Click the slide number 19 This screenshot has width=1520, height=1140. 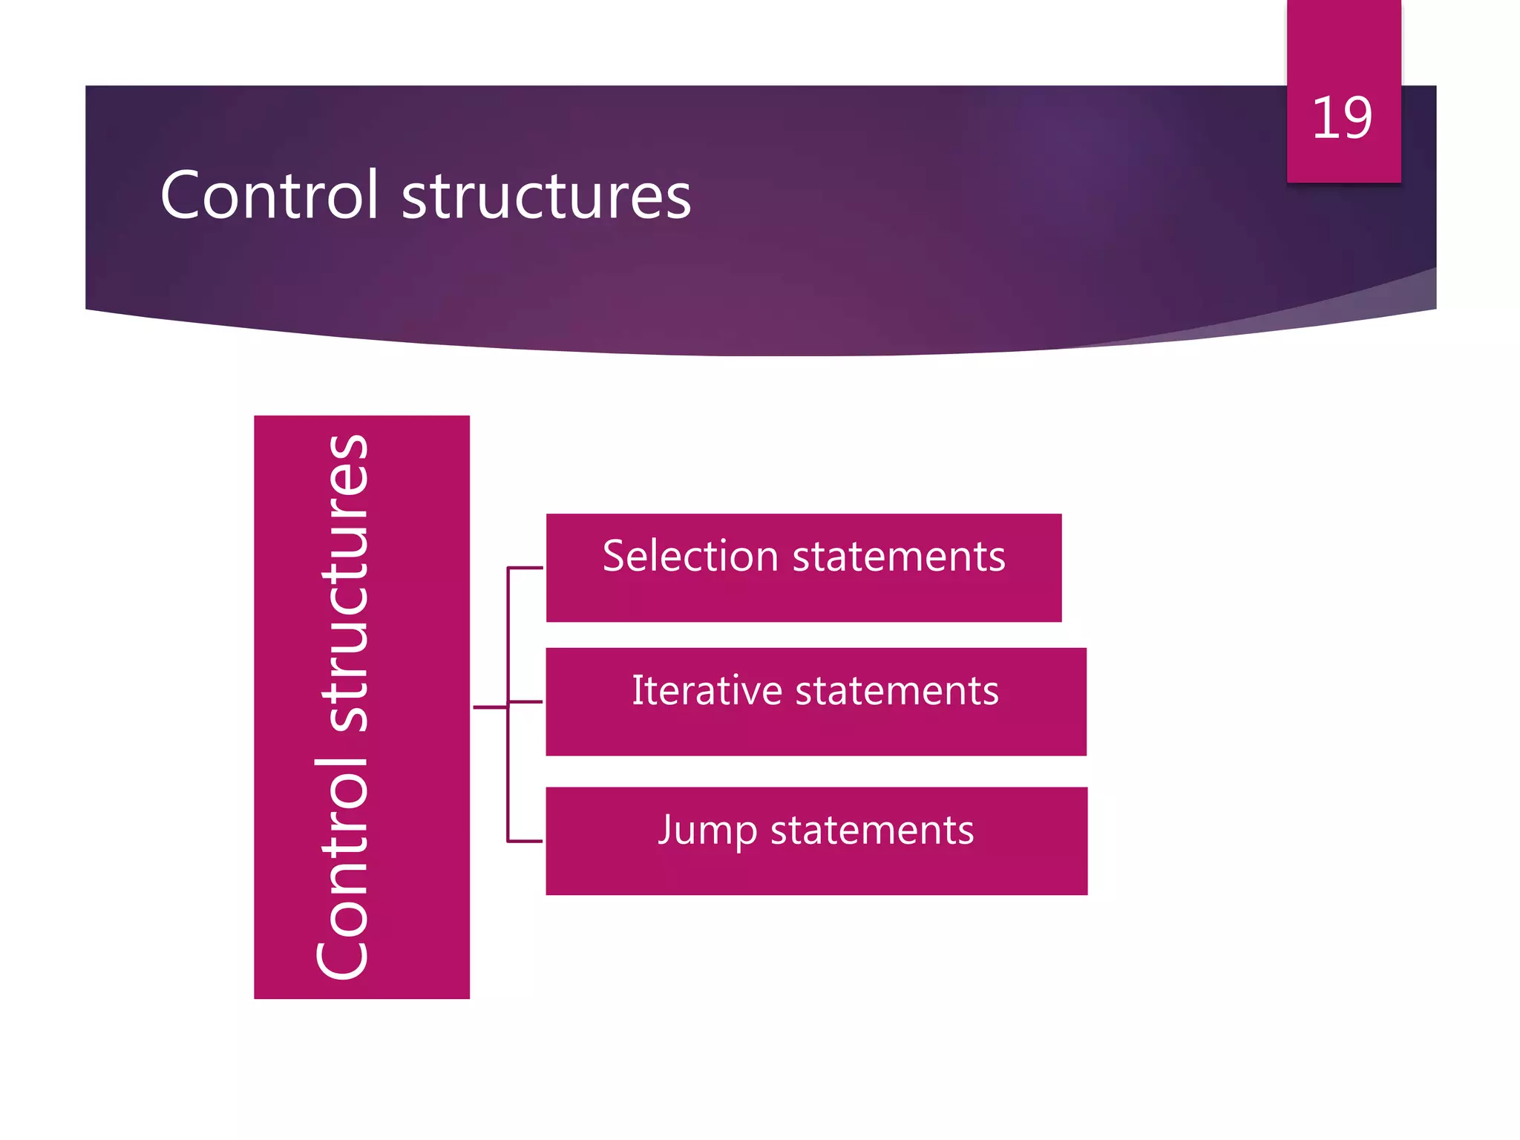1342,118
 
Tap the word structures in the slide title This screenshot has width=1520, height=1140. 546,197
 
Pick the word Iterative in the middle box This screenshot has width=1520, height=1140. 707,690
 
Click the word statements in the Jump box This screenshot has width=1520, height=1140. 872,831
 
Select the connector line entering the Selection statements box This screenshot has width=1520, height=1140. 525,568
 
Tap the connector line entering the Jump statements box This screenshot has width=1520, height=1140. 525,842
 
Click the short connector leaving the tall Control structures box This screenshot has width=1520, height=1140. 490,707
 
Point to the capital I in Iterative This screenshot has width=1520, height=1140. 638,690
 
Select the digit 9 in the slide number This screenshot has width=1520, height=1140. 1356,118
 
